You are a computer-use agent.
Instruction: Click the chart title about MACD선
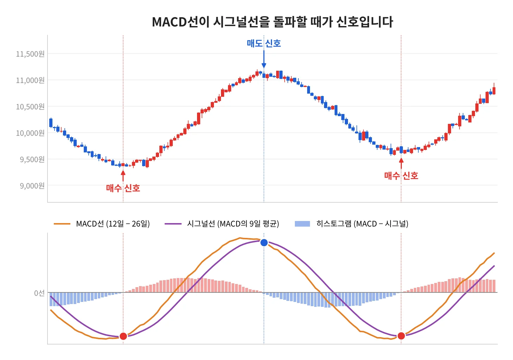pyautogui.click(x=272, y=22)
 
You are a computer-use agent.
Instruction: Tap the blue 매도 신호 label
pyautogui.click(x=264, y=43)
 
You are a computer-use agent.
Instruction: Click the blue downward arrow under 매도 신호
pyautogui.click(x=264, y=59)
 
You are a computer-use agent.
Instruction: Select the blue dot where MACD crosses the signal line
pyautogui.click(x=264, y=242)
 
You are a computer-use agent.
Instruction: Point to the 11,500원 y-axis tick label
pyautogui.click(x=30, y=54)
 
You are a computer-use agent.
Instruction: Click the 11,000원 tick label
pyautogui.click(x=30, y=80)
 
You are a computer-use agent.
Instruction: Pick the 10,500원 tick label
pyautogui.click(x=30, y=107)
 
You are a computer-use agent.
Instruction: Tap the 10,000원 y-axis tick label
pyautogui.click(x=30, y=133)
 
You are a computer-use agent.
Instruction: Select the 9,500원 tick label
pyautogui.click(x=32, y=159)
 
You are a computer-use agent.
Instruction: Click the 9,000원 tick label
pyautogui.click(x=32, y=186)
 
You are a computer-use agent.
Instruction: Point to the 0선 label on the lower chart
pyautogui.click(x=39, y=293)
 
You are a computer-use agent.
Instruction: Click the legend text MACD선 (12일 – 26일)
pyautogui.click(x=113, y=224)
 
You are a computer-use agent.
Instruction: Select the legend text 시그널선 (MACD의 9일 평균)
pyautogui.click(x=233, y=224)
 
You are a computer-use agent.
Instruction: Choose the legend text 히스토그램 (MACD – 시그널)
pyautogui.click(x=362, y=224)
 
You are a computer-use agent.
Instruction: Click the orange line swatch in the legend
pyautogui.click(x=62, y=224)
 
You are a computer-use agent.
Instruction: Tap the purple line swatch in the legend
pyautogui.click(x=173, y=224)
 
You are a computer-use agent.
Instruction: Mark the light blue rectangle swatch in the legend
pyautogui.click(x=302, y=224)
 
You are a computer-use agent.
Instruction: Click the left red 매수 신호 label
pyautogui.click(x=123, y=188)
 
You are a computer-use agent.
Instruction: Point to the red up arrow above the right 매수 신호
pyautogui.click(x=401, y=164)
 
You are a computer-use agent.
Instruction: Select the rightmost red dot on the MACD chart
pyautogui.click(x=401, y=336)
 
